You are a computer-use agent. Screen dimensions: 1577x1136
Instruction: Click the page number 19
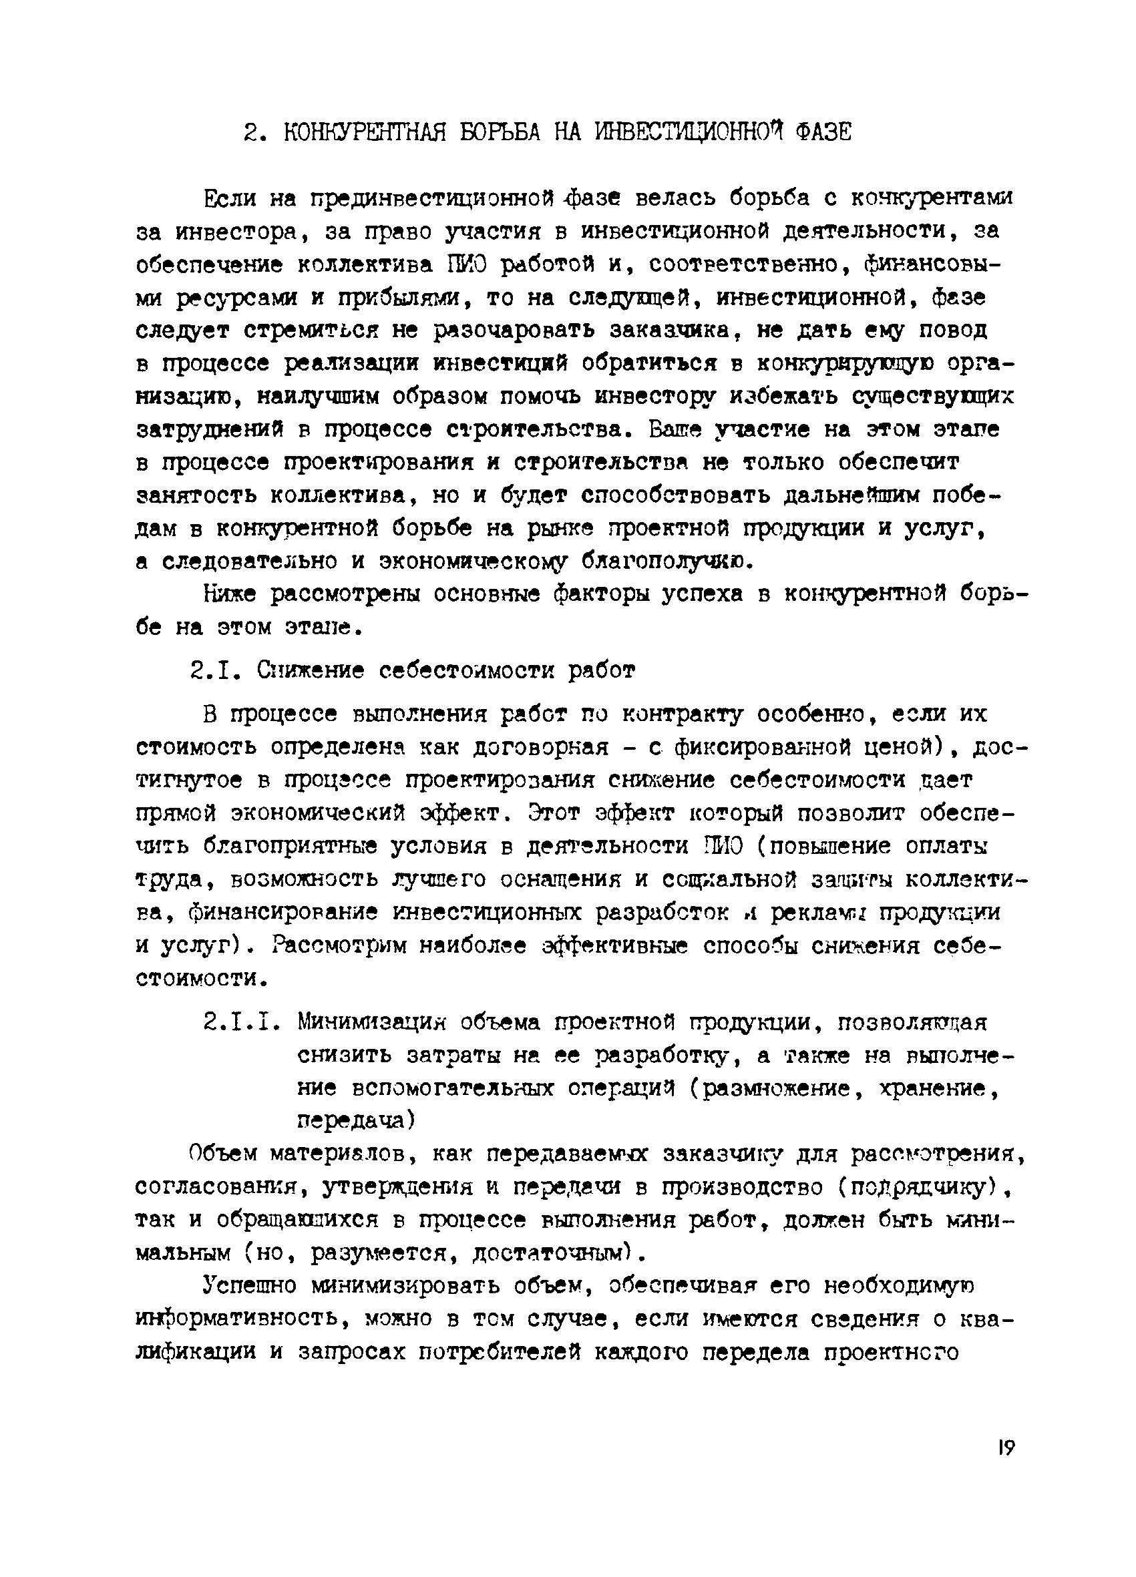pyautogui.click(x=1005, y=1447)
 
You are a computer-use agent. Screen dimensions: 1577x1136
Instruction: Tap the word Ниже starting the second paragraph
pyautogui.click(x=230, y=594)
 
